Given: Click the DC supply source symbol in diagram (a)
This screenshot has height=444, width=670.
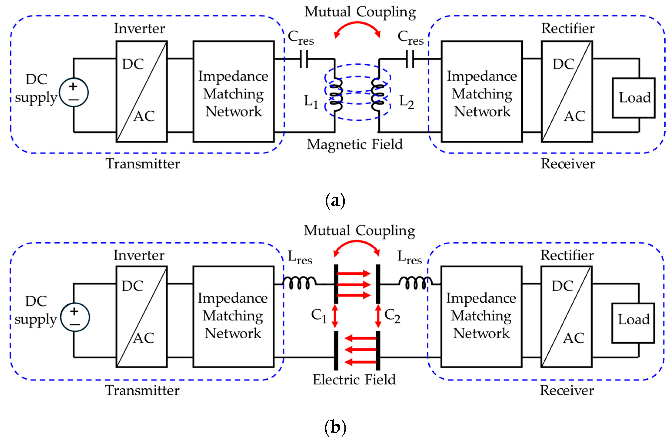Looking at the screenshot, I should pyautogui.click(x=74, y=92).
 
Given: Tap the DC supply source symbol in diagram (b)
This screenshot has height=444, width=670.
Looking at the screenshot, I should pyautogui.click(x=75, y=317).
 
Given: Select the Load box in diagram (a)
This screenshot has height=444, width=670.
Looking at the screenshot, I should pyautogui.click(x=633, y=98).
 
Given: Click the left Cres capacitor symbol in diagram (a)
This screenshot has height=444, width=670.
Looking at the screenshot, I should pyautogui.click(x=304, y=59).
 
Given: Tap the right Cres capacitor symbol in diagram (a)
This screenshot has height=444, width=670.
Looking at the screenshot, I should pyautogui.click(x=410, y=59).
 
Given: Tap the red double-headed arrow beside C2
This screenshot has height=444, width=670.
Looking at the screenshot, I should pyautogui.click(x=378, y=315).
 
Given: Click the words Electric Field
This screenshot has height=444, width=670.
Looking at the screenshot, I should pyautogui.click(x=354, y=379).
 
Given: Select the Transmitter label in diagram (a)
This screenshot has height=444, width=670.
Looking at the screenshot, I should pyautogui.click(x=143, y=164).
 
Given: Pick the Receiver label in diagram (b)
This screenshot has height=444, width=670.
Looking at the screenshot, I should pyautogui.click(x=567, y=391).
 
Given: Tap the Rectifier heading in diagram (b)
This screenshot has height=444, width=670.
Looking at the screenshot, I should pyautogui.click(x=567, y=255).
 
